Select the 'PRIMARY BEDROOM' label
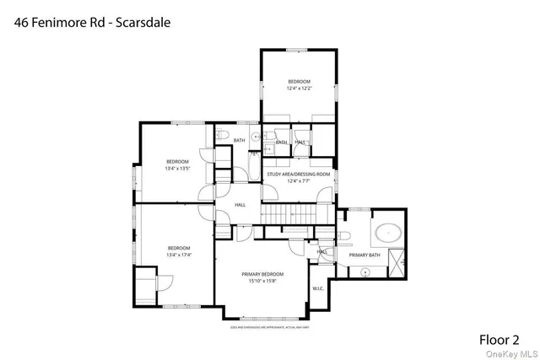point(262,274)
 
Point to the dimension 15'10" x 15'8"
point(262,281)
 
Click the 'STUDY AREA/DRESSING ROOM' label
point(298,174)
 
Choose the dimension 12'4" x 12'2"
point(300,88)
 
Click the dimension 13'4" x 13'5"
point(177,168)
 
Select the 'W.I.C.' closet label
point(318,288)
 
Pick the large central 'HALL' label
point(240,204)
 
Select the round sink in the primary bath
point(365,271)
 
